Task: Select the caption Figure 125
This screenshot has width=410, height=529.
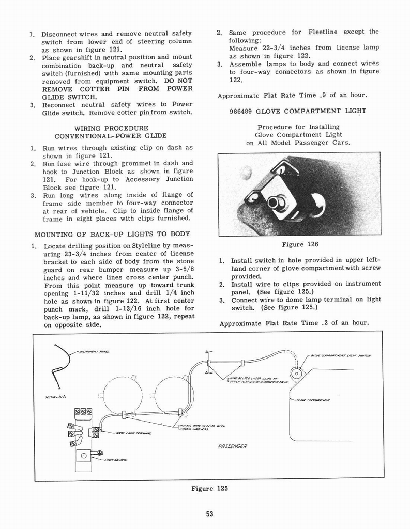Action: pyautogui.click(x=209, y=488)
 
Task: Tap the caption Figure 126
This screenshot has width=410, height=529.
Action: pyautogui.click(x=300, y=244)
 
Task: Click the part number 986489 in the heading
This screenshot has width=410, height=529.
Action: pyautogui.click(x=242, y=111)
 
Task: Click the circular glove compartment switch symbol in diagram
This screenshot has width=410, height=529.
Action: pyautogui.click(x=297, y=373)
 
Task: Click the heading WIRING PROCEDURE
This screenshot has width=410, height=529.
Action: pyautogui.click(x=111, y=128)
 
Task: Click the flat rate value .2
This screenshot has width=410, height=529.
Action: pyautogui.click(x=325, y=323)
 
